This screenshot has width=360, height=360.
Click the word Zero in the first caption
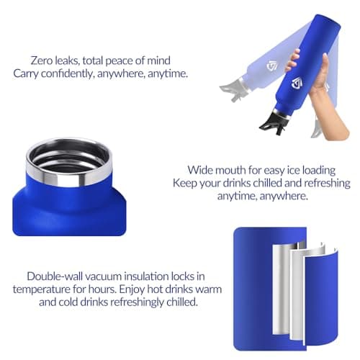tap(42, 60)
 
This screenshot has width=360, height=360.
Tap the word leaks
tap(68, 60)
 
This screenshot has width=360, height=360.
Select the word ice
tap(294, 170)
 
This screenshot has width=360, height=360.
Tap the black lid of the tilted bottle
tap(273, 122)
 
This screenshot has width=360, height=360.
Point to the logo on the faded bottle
tap(271, 66)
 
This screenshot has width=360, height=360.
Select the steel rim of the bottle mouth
tap(69, 175)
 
